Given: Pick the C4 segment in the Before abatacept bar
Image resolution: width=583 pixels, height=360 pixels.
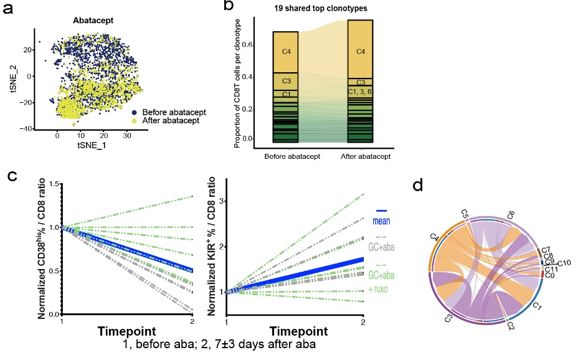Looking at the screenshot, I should point(286,51).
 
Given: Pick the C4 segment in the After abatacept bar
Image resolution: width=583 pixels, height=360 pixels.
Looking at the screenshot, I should point(360,51).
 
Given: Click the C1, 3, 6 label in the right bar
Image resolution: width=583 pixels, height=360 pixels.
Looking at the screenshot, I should point(360,92).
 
